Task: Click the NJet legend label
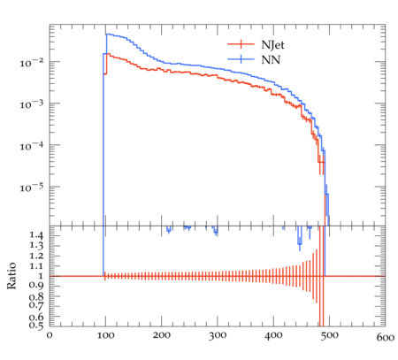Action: coord(272,45)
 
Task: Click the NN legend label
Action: coord(271,60)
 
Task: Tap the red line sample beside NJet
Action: coord(241,44)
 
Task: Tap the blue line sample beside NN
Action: coord(241,59)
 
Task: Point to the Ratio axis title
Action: coord(11,276)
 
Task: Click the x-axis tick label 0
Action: coord(50,335)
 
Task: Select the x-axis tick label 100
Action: coord(105,335)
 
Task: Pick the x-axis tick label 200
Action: coord(162,335)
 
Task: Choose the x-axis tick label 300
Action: coord(218,335)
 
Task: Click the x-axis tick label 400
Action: coord(273,335)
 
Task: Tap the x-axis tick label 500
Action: coord(329,335)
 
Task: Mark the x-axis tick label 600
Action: coord(386,337)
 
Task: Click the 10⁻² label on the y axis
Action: coord(31,63)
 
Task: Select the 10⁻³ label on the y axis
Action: coord(31,104)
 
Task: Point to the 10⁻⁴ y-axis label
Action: coord(31,146)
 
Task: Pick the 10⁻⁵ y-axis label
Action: coord(31,188)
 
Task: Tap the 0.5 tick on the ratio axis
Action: coord(35,326)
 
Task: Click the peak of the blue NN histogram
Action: coord(107,34)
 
